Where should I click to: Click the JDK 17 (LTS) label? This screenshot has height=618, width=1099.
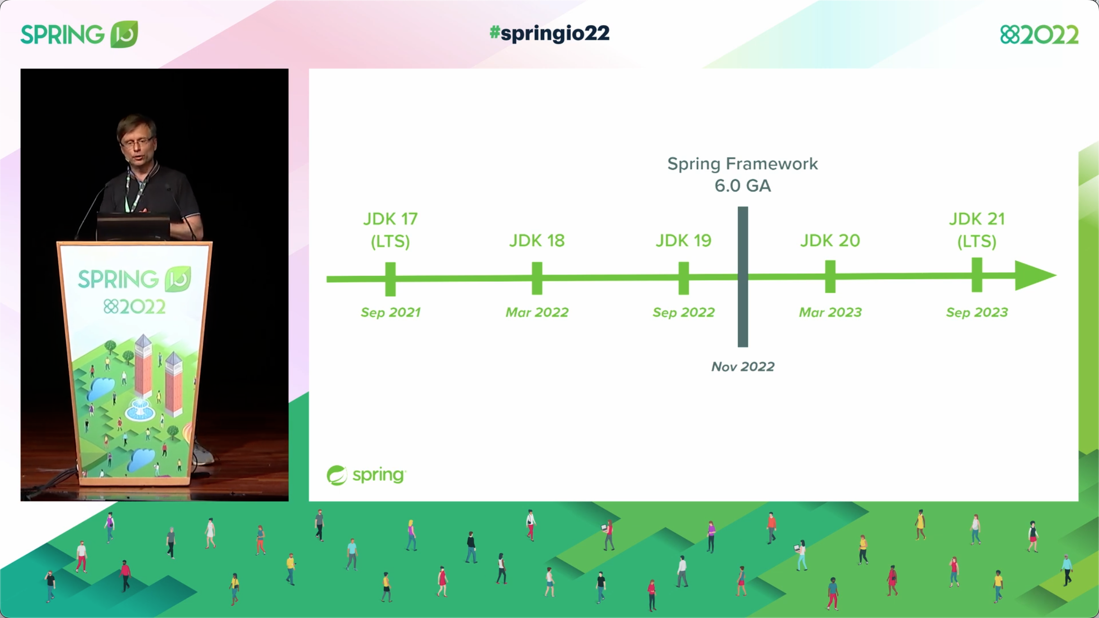[x=390, y=230]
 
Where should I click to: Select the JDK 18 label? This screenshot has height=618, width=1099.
[x=537, y=241]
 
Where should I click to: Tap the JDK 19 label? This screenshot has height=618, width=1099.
[x=683, y=241]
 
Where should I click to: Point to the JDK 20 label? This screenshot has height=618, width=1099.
[x=830, y=241]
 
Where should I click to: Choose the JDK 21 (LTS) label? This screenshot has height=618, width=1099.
[x=977, y=230]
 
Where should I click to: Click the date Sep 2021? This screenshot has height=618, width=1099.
[x=390, y=312]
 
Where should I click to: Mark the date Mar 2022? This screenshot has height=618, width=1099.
[x=537, y=312]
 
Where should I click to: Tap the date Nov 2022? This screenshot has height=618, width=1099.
[x=743, y=367]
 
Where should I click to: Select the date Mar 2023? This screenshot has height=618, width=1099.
[x=830, y=312]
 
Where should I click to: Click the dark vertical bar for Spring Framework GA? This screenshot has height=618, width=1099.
[x=743, y=308]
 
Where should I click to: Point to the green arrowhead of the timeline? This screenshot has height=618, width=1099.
[x=1035, y=275]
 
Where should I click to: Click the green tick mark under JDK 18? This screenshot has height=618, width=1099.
[x=537, y=278]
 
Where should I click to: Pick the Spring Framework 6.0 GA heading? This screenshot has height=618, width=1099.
[x=743, y=175]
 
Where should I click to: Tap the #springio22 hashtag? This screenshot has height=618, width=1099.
[x=549, y=33]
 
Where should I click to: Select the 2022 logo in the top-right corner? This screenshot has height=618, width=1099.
[x=1039, y=35]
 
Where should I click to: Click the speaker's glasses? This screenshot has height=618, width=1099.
[x=136, y=141]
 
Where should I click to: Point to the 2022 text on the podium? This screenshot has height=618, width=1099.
[x=135, y=307]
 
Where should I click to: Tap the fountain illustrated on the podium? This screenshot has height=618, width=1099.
[x=140, y=409]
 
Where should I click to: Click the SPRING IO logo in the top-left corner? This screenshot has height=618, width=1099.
[x=79, y=35]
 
